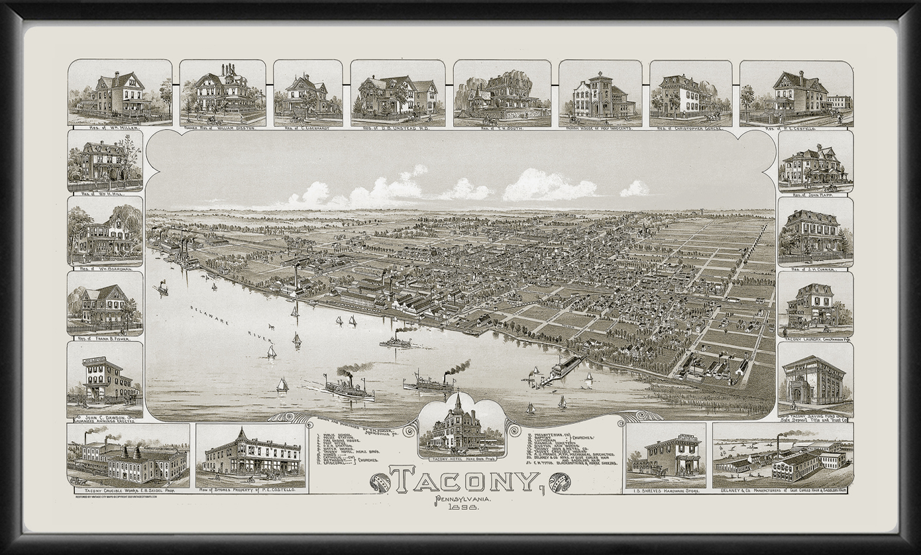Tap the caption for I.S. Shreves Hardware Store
[665, 491]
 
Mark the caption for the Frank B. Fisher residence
[105, 338]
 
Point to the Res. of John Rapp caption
[815, 194]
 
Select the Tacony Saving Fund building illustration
[815, 379]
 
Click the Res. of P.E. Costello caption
[796, 128]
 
